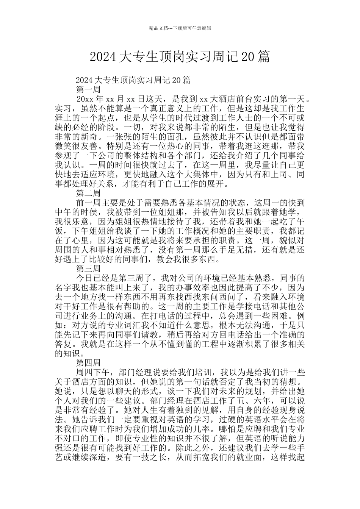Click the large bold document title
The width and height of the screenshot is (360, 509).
click(x=180, y=57)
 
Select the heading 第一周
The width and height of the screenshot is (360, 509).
click(x=88, y=90)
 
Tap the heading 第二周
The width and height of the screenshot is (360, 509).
click(x=88, y=193)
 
